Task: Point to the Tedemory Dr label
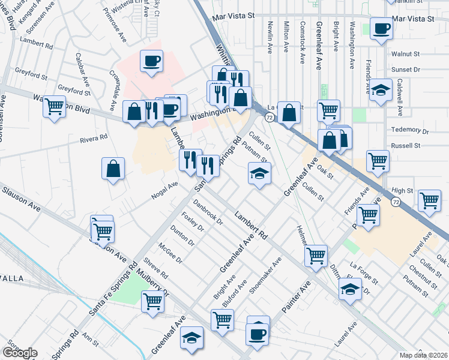409,130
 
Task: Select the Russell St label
405,145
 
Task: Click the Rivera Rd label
94,138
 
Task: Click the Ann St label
90,340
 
